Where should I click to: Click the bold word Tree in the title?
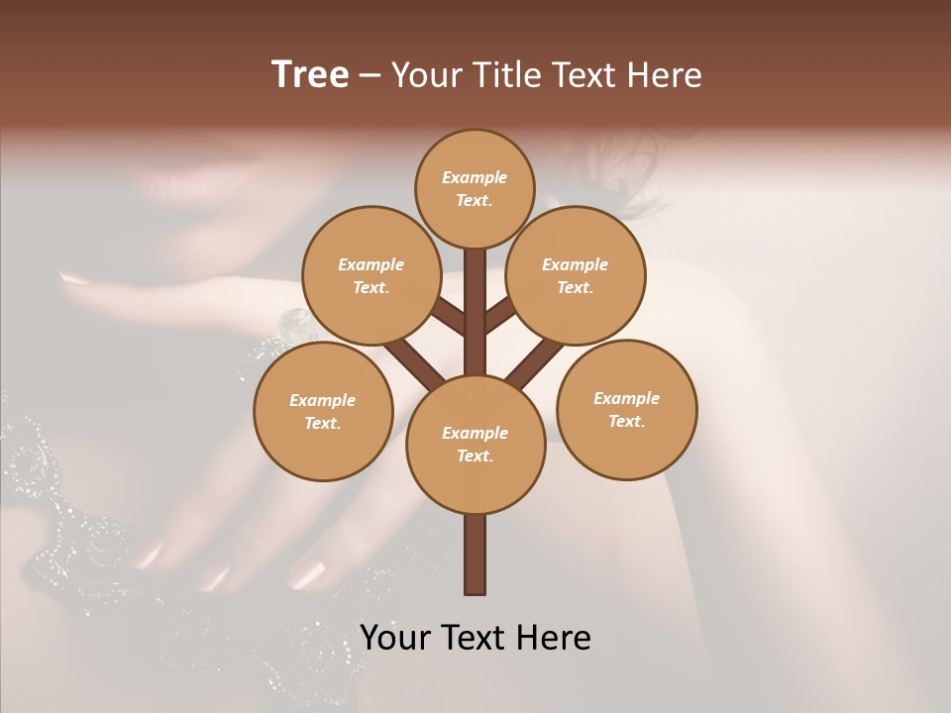point(310,74)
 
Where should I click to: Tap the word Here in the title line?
point(666,75)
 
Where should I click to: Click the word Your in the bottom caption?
point(393,638)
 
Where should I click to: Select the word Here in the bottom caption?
point(558,638)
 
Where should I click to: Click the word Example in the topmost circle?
point(475,177)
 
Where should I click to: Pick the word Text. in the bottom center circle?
point(475,457)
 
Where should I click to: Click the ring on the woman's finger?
point(296,322)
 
